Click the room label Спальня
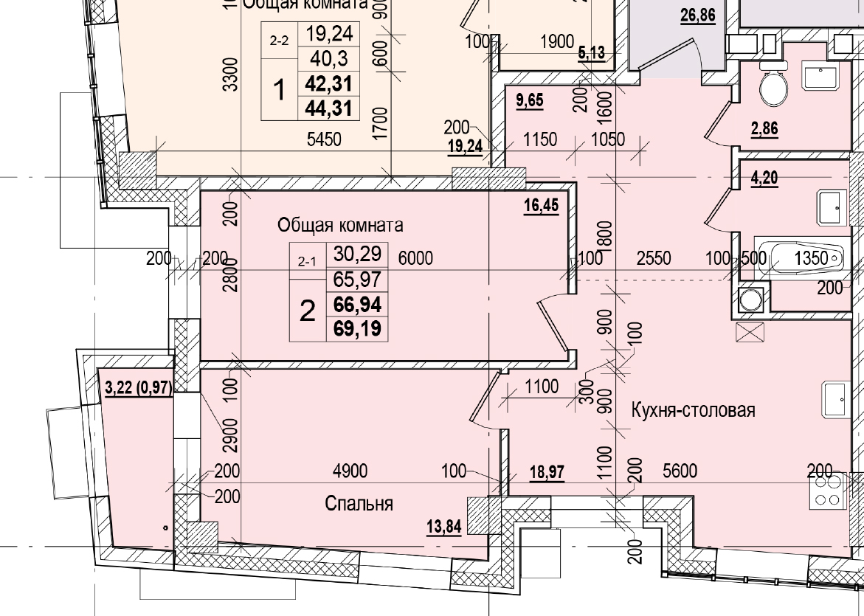coord(359,504)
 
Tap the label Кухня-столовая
coord(693,410)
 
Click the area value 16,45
coord(541,207)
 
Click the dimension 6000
coord(415,258)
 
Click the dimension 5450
coord(323,139)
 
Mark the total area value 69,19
coord(357,328)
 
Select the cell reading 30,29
coord(357,255)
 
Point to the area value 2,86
coord(764,129)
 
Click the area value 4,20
coord(764,178)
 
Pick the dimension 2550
coord(654,258)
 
